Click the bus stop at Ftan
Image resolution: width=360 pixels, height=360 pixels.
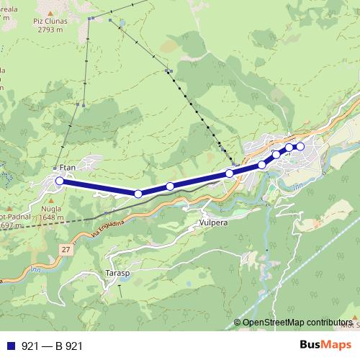59,181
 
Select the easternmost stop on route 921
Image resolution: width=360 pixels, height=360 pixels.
301,147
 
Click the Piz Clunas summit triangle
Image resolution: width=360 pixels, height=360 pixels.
49,12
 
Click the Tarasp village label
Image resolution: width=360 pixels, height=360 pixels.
117,274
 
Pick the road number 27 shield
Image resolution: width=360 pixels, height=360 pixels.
66,249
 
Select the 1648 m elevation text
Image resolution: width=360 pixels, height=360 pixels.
51,217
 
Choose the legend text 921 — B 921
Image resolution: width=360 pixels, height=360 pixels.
52,346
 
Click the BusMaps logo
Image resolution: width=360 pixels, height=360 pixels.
323,346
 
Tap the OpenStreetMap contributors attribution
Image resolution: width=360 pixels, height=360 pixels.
297,323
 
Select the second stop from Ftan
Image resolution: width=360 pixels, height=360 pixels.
138,194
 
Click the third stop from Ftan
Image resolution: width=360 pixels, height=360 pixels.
170,186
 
